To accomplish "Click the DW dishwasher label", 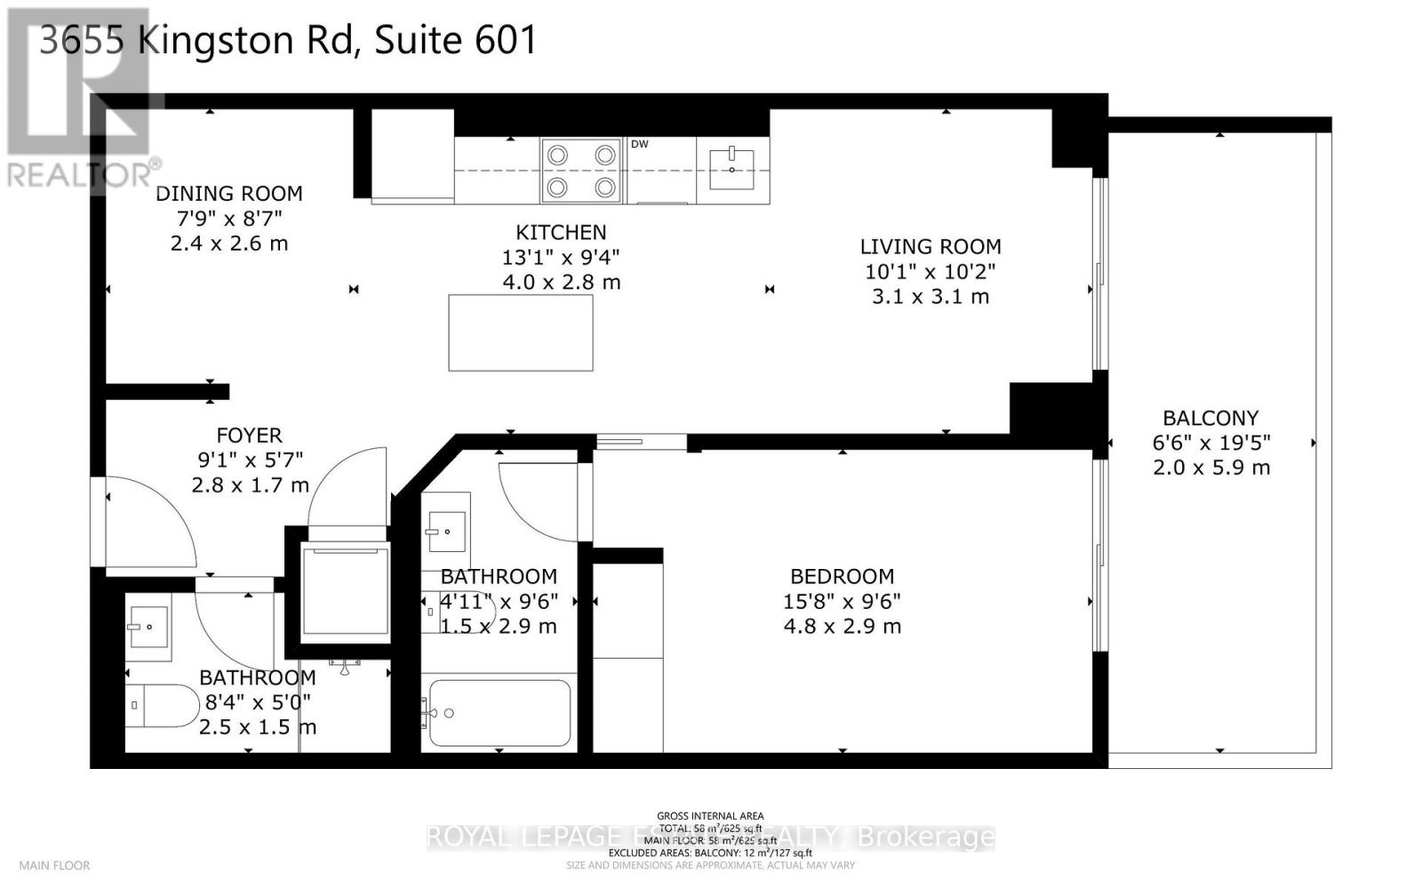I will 640,144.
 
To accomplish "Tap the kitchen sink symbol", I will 731,169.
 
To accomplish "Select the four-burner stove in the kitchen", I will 581,171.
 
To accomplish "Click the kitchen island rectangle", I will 521,332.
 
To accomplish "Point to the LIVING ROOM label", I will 930,247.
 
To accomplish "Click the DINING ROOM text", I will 229,194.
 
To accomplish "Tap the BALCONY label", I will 1210,418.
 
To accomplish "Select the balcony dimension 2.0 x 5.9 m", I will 1210,468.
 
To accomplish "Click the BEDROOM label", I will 842,576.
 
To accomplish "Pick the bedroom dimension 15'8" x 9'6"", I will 842,601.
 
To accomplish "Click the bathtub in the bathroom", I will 499,713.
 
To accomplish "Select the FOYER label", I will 249,436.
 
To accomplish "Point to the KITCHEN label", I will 561,233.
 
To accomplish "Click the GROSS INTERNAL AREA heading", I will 709,816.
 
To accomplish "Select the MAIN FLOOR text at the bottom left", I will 54,865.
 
